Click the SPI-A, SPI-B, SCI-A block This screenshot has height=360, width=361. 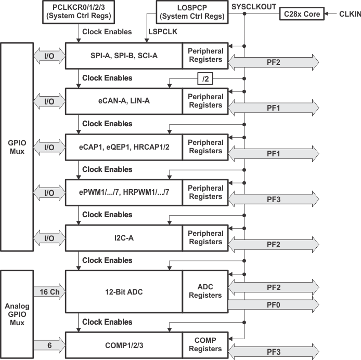(124, 55)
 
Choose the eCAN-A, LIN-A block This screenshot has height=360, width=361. (124, 101)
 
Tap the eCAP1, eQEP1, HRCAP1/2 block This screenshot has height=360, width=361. (124, 146)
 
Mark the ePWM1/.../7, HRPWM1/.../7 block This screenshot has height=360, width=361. (124, 192)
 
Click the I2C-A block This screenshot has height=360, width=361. (124, 237)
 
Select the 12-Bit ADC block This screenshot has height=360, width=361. (124, 291)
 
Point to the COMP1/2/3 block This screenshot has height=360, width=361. (124, 345)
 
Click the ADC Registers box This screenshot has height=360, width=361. (205, 291)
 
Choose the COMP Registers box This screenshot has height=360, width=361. (205, 345)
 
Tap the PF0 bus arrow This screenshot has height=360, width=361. (274, 304)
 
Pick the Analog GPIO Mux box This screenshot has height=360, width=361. (18, 314)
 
